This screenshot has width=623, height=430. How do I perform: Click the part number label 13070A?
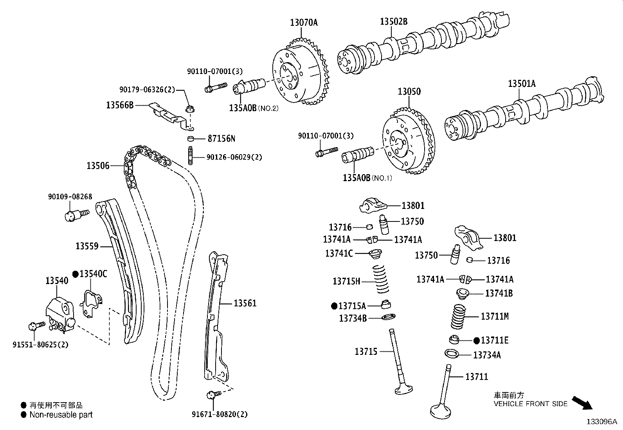point(304,23)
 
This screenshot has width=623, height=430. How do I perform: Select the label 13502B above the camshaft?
point(393,22)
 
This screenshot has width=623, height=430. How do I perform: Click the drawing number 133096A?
point(601,422)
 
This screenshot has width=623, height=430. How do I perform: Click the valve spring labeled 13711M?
point(459,317)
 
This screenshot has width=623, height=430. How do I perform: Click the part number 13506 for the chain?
point(98,166)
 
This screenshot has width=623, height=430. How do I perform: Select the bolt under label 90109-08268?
point(76,215)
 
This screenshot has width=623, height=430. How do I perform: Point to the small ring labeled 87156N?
point(190,139)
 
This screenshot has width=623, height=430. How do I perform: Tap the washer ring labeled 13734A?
point(452,353)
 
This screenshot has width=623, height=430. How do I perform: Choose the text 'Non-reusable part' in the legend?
point(61,415)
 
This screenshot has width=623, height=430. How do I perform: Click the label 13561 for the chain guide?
point(245,303)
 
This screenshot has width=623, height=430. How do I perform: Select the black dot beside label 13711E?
point(476,341)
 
